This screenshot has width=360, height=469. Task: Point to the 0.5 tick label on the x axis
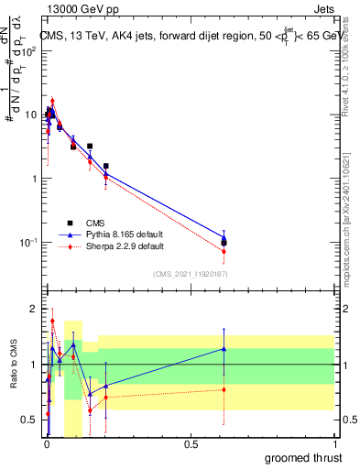coord(190,444)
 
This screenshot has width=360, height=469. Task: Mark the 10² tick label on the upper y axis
coord(31,50)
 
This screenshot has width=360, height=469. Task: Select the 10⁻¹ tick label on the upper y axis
coord(30,243)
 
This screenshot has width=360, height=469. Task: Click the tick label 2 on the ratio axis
coord(35,310)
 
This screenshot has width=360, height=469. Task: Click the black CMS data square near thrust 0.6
coord(224,242)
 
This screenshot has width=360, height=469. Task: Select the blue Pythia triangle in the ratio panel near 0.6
coord(224,348)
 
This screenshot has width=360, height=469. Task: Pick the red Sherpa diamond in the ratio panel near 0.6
coord(224,389)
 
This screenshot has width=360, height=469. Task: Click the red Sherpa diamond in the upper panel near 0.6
coord(224,251)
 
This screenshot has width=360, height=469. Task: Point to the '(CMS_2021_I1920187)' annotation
coord(191,273)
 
